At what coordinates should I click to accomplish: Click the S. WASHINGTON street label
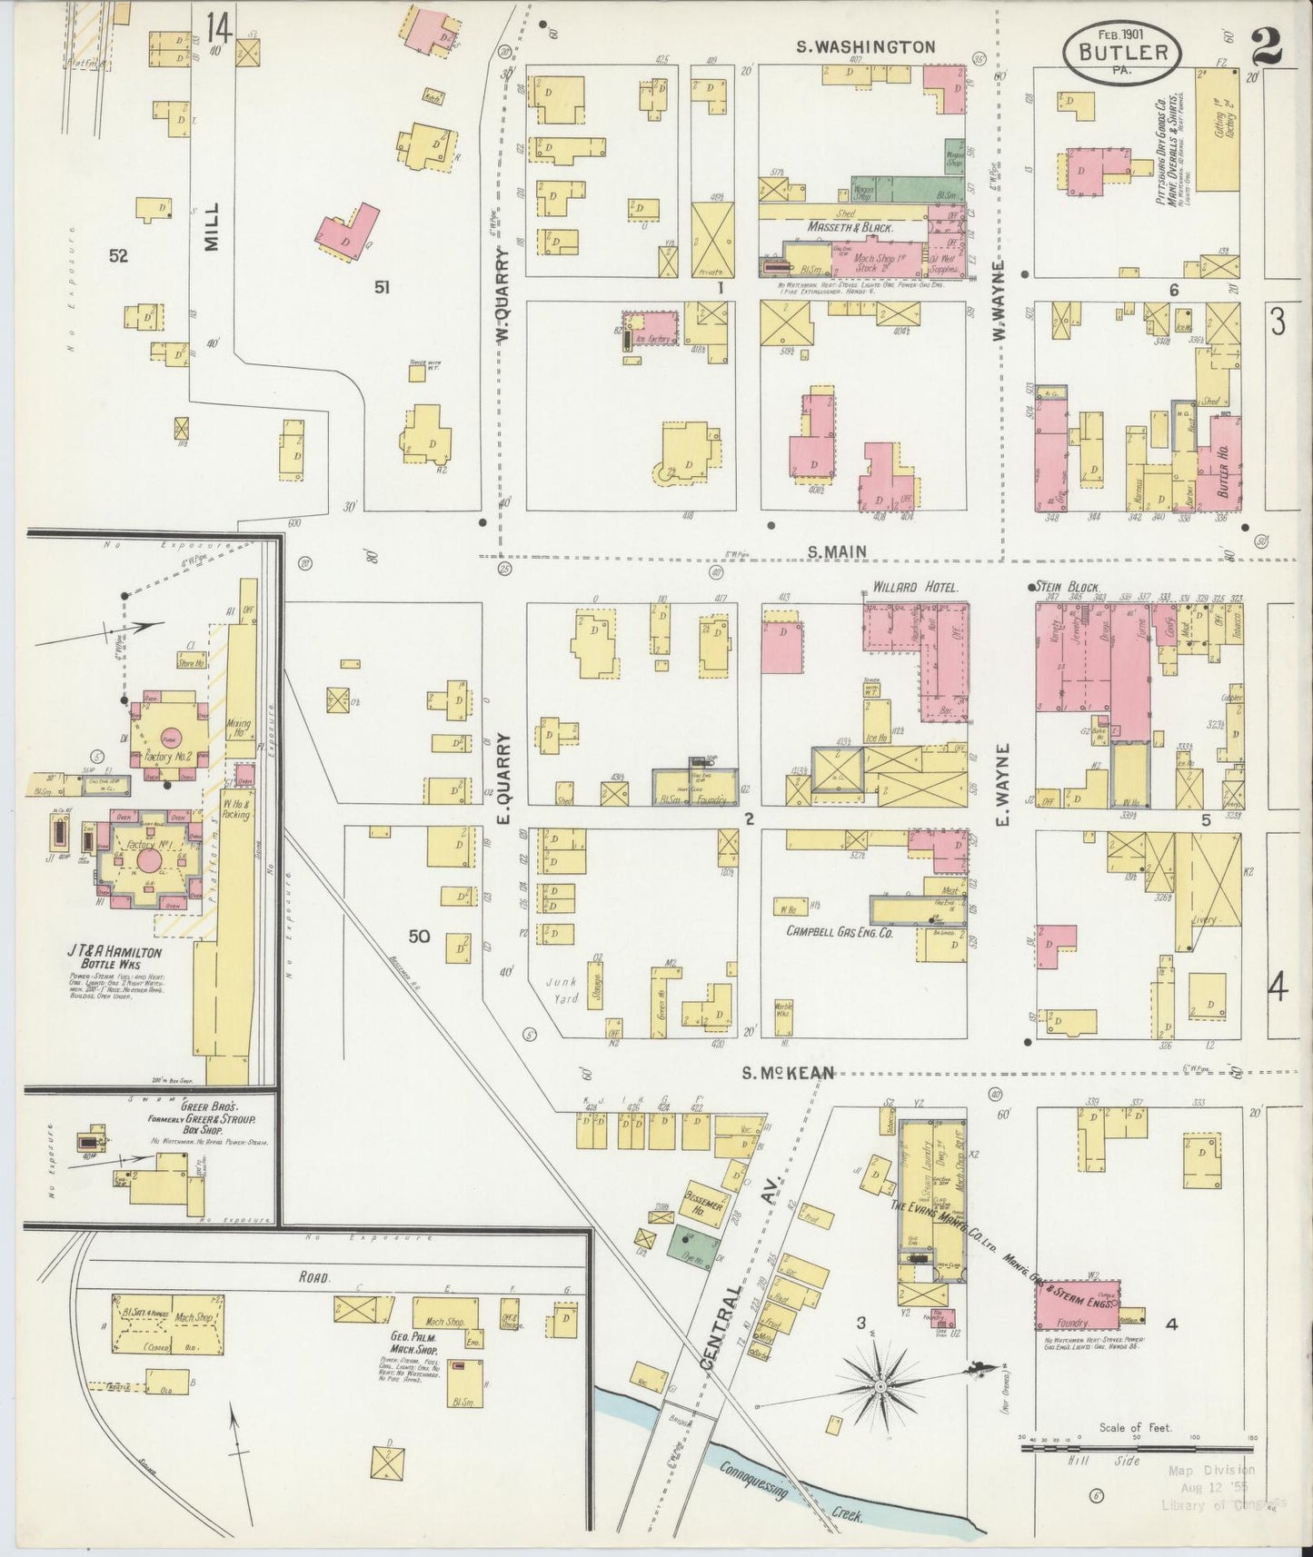865,46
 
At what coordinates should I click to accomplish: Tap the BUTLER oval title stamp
1122,52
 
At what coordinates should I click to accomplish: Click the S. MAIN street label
837,550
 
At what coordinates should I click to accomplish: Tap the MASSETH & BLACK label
849,227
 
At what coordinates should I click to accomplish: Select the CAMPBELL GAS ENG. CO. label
840,931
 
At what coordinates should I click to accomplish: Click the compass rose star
880,1387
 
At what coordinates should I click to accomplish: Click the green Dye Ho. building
695,1243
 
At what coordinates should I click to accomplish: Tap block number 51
383,287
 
